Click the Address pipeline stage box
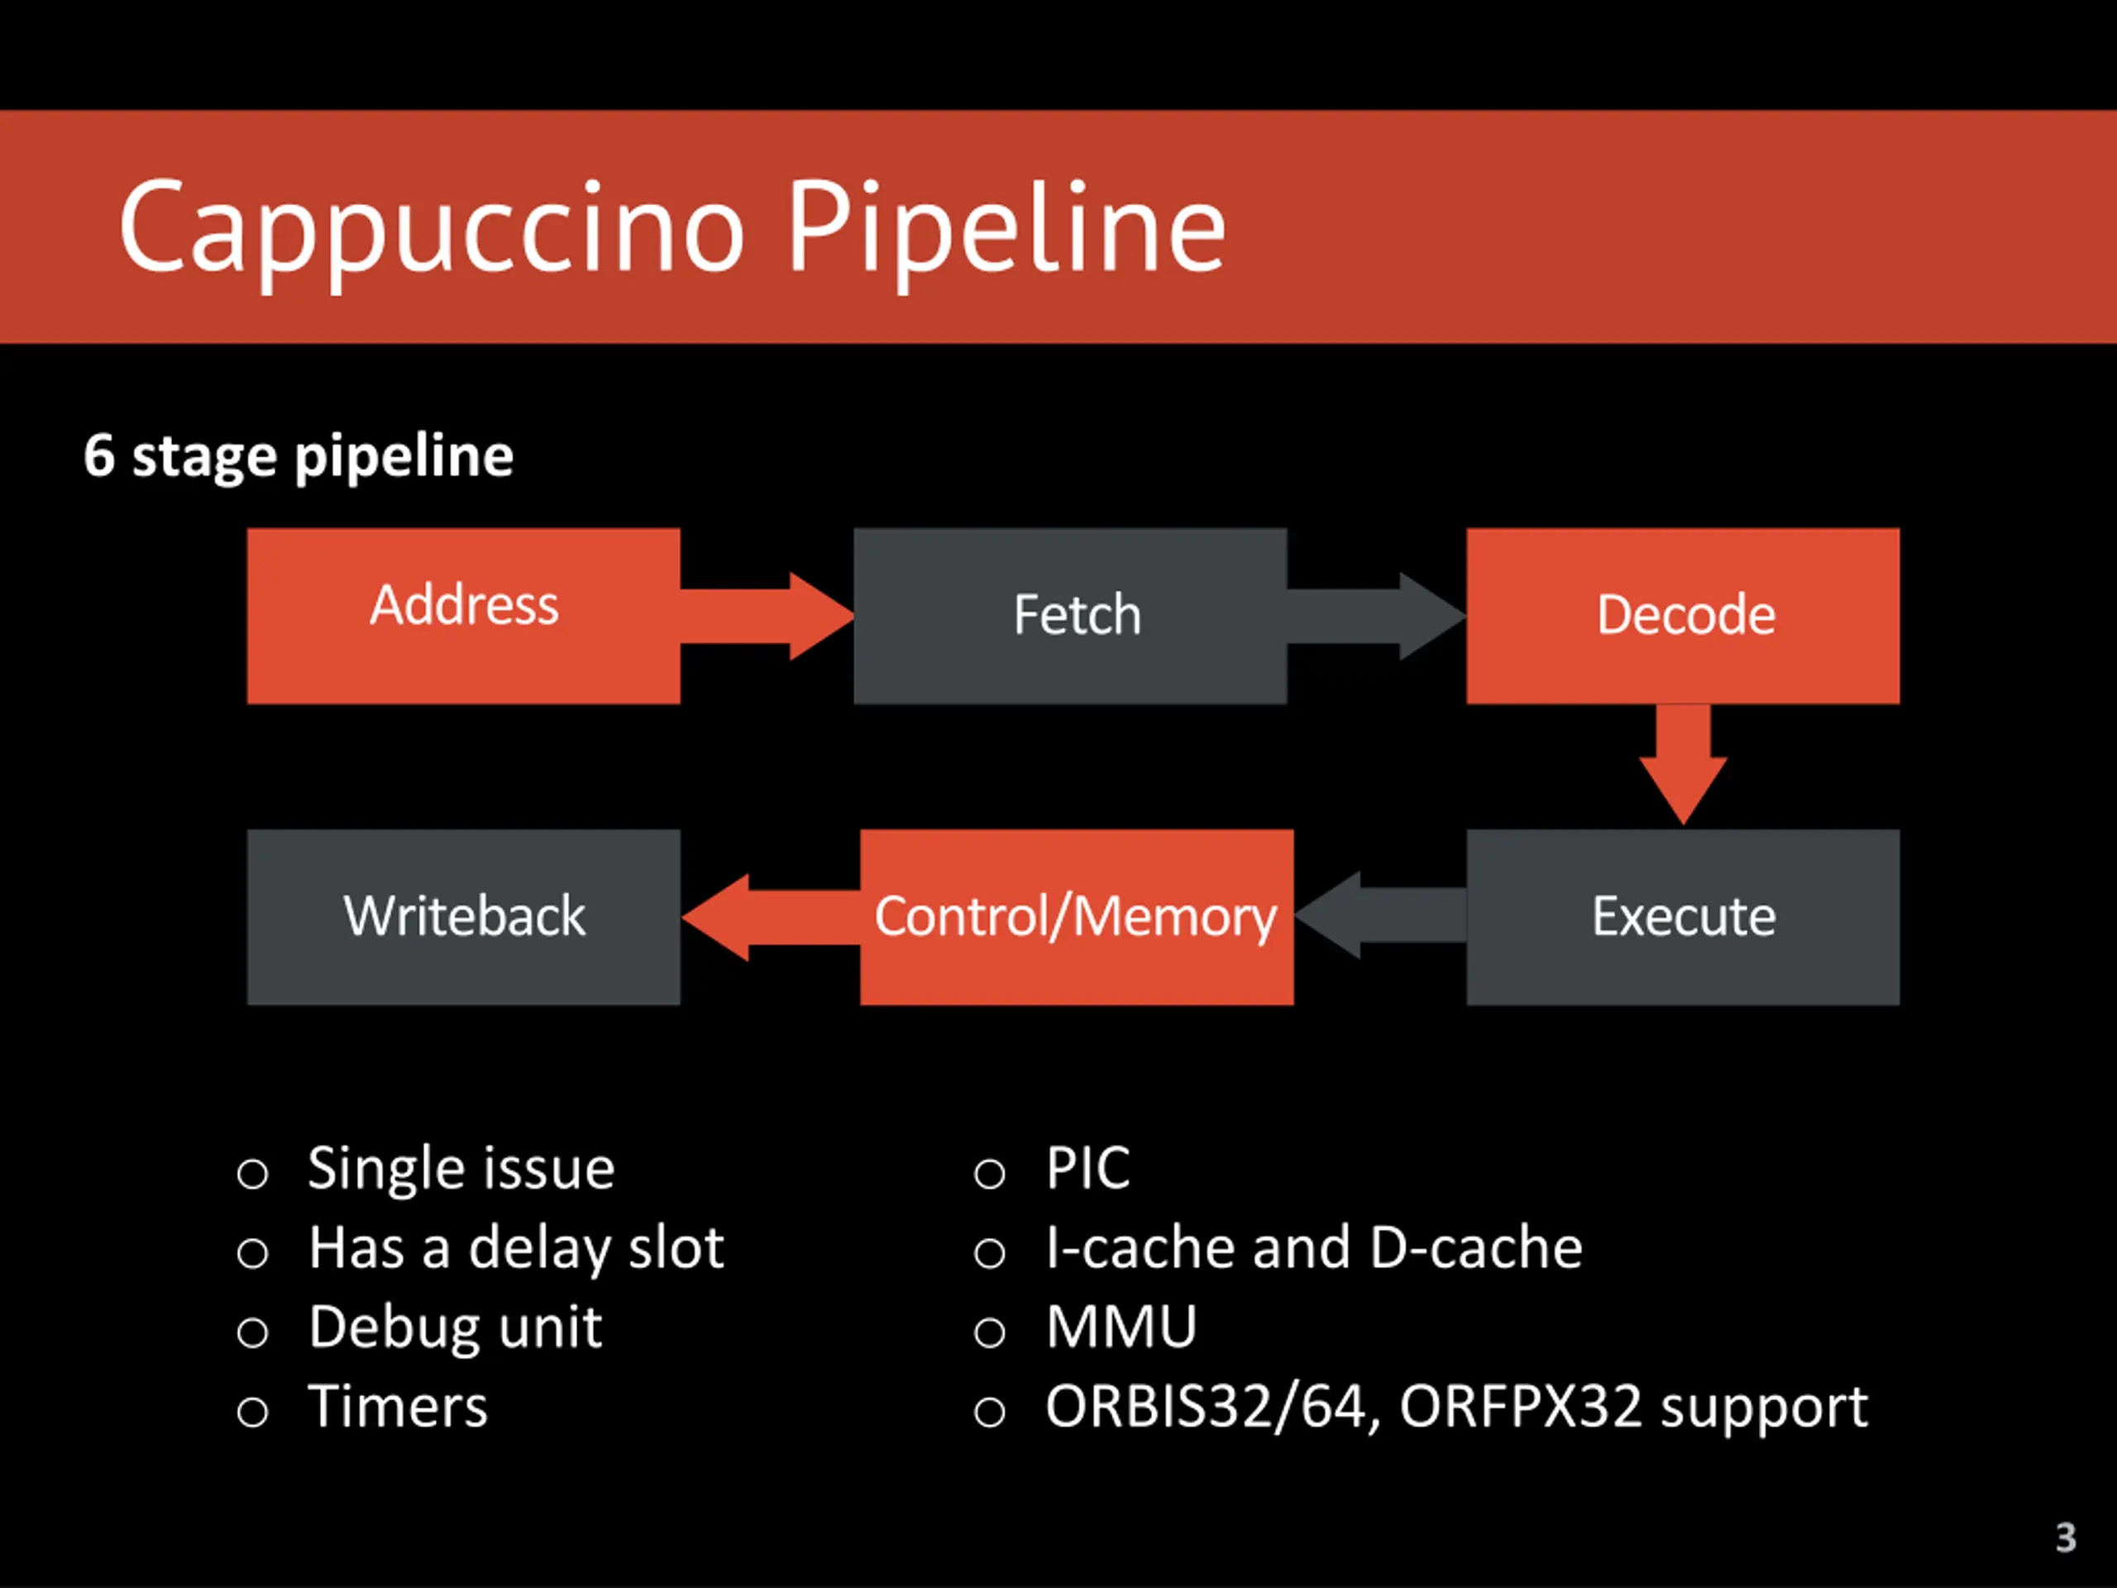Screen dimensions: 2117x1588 463,615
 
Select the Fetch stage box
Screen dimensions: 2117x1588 1070,615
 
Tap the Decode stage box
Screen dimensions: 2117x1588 1683,615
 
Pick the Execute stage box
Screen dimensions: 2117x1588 1683,917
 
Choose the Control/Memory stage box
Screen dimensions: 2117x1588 1077,917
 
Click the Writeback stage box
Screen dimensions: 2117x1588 463,917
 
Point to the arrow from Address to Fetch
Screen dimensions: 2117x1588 767,616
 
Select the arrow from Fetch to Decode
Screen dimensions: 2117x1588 1377,616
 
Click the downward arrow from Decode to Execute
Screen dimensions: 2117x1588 1684,765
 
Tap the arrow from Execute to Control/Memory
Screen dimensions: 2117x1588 1380,915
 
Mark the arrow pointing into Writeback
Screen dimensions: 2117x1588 772,917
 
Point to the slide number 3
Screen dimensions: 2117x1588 2066,1538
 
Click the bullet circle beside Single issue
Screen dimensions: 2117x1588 253,1174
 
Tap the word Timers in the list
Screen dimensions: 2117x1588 398,1406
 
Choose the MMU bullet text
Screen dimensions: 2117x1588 1121,1327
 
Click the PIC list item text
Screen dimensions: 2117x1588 1088,1168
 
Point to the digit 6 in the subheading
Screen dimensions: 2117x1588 98,455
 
